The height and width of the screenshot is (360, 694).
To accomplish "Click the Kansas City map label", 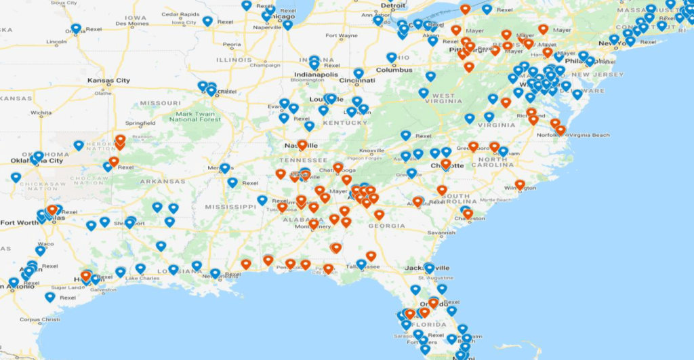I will pyautogui.click(x=108, y=81).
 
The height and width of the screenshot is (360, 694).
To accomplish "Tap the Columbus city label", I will pyautogui.click(x=394, y=70).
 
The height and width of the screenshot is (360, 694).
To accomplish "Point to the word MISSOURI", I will pyautogui.click(x=159, y=103).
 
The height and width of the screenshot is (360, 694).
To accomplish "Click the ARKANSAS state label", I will pyautogui.click(x=163, y=181).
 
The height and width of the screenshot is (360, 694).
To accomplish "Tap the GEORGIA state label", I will pyautogui.click(x=386, y=226).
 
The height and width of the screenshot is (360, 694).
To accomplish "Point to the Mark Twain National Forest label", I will pyautogui.click(x=195, y=117).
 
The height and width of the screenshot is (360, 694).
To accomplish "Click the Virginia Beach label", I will pyautogui.click(x=589, y=136).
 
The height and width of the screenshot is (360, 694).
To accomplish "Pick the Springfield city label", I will pyautogui.click(x=140, y=123).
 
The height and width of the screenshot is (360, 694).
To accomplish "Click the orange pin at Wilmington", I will pyautogui.click(x=520, y=184).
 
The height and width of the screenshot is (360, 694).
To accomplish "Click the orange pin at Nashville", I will pyautogui.click(x=302, y=144).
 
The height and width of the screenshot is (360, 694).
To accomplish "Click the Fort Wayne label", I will pyautogui.click(x=341, y=35).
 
